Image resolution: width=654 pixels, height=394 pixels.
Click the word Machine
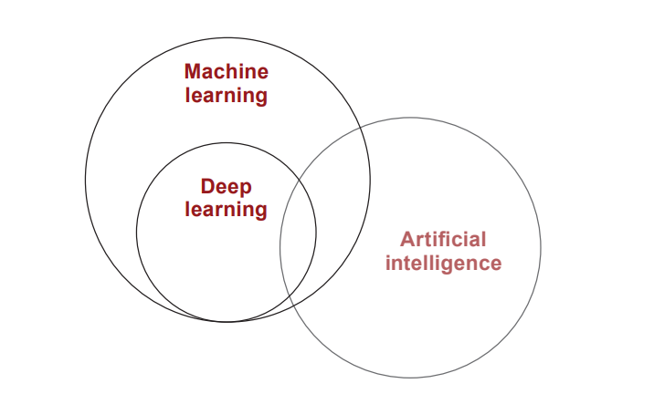(227, 71)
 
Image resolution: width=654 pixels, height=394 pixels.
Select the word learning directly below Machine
(227, 96)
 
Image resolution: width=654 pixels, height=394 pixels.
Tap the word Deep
(226, 187)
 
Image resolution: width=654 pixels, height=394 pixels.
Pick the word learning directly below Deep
(226, 210)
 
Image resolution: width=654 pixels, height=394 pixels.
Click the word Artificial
(443, 240)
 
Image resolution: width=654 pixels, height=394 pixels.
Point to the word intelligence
(443, 264)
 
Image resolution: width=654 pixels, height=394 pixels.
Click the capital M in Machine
(193, 72)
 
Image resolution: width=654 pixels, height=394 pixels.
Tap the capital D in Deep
(207, 186)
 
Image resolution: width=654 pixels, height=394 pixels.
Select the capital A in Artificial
(407, 240)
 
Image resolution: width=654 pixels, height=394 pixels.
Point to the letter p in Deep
(246, 190)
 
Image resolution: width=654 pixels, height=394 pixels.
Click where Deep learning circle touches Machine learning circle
(227, 322)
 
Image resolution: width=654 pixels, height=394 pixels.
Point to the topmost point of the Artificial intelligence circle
(410, 118)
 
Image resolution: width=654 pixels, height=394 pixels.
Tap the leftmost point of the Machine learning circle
(86, 180)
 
